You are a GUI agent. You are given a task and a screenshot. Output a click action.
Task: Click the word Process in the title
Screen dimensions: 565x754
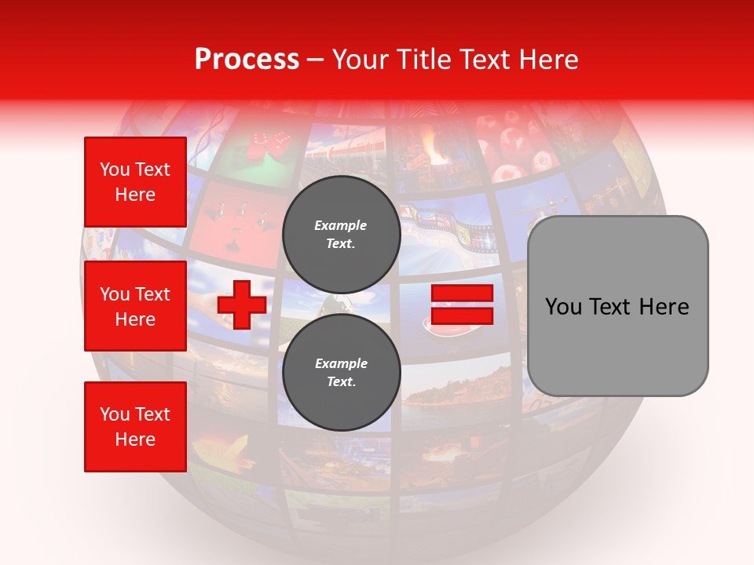pos(247,60)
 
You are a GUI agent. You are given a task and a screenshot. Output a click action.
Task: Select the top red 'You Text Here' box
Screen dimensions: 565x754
pos(135,182)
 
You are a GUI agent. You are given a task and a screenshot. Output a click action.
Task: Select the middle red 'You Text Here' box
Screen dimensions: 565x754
pos(135,306)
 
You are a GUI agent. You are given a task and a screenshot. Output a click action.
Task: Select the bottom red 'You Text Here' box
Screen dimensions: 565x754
pos(135,427)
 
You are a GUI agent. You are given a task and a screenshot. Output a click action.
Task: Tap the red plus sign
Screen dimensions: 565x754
pos(242,304)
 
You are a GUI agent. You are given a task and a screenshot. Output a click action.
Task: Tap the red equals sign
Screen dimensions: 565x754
pos(463,304)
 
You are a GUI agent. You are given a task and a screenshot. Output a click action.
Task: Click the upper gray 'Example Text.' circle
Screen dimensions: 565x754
pos(341,234)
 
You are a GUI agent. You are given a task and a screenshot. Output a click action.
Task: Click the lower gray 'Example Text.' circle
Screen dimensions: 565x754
pos(341,372)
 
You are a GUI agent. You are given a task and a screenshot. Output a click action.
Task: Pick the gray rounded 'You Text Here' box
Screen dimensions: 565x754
pos(617,306)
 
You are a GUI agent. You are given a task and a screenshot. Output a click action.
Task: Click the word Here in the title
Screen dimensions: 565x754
pos(547,60)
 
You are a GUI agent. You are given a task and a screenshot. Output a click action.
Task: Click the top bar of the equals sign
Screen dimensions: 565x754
pos(463,293)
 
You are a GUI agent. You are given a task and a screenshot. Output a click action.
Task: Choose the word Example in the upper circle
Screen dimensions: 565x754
pos(340,225)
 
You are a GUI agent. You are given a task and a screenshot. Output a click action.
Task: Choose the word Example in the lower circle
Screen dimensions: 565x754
pos(341,363)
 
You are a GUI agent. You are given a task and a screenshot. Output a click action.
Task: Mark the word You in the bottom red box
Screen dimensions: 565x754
pos(114,414)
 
